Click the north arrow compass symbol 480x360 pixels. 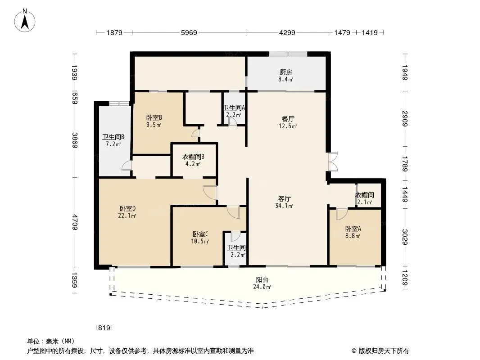tap(24, 20)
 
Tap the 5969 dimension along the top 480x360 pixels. tap(189, 32)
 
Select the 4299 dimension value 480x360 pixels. tap(287, 32)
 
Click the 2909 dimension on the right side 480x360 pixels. tap(405, 119)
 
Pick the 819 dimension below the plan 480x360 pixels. tap(104, 328)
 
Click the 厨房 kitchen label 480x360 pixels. tap(285, 72)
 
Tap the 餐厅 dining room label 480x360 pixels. tap(288, 119)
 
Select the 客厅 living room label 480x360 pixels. tap(285, 198)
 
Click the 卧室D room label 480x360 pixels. tap(127, 209)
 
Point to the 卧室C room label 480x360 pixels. tap(200, 234)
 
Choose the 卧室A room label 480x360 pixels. tap(353, 229)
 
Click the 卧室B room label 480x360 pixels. tap(154, 117)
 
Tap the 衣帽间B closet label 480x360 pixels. tap(193, 157)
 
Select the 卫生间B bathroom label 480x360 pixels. tap(113, 137)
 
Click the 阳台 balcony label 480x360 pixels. tap(262, 279)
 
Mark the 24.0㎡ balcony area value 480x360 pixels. tap(262, 287)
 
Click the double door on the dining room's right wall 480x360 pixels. tap(333, 162)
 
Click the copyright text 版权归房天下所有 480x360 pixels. tap(384, 351)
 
